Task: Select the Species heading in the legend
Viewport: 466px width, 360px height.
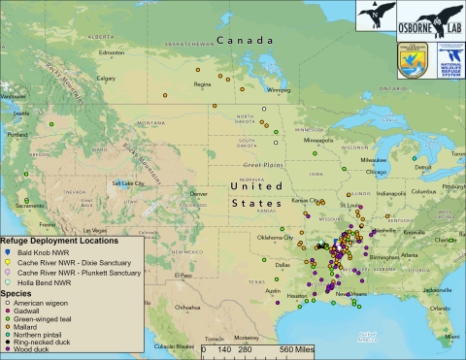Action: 17,291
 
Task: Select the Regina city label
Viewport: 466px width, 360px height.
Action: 204,83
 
